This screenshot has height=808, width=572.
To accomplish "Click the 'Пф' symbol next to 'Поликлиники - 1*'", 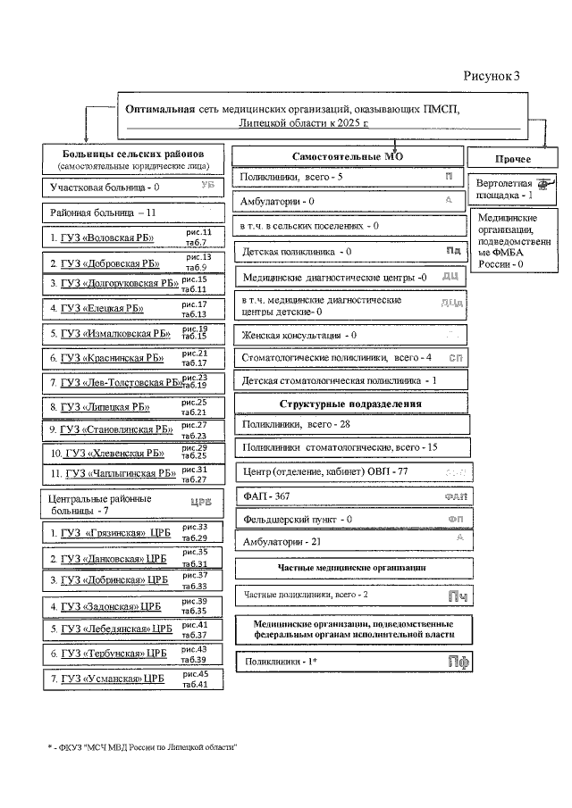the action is click(x=458, y=662).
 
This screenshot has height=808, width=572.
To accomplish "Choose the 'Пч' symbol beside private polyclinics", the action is click(x=458, y=596).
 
